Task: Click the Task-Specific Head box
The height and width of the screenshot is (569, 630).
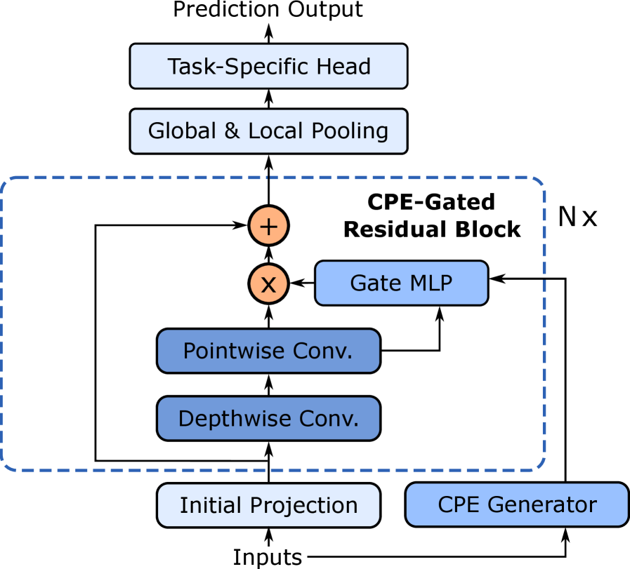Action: click(268, 66)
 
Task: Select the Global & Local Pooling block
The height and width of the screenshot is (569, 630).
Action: click(268, 131)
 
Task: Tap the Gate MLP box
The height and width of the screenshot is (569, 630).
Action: click(401, 283)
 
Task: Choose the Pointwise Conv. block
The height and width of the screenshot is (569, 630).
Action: click(268, 351)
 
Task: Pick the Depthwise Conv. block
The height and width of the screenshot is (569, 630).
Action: click(268, 418)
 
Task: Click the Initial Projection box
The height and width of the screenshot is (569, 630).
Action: click(268, 505)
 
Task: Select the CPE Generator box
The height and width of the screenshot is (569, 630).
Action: click(516, 504)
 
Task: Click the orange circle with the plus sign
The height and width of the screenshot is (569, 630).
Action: click(268, 226)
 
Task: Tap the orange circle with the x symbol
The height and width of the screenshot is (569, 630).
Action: click(268, 283)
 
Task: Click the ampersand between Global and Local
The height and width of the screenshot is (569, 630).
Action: click(232, 131)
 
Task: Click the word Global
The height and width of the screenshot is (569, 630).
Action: click(183, 131)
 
